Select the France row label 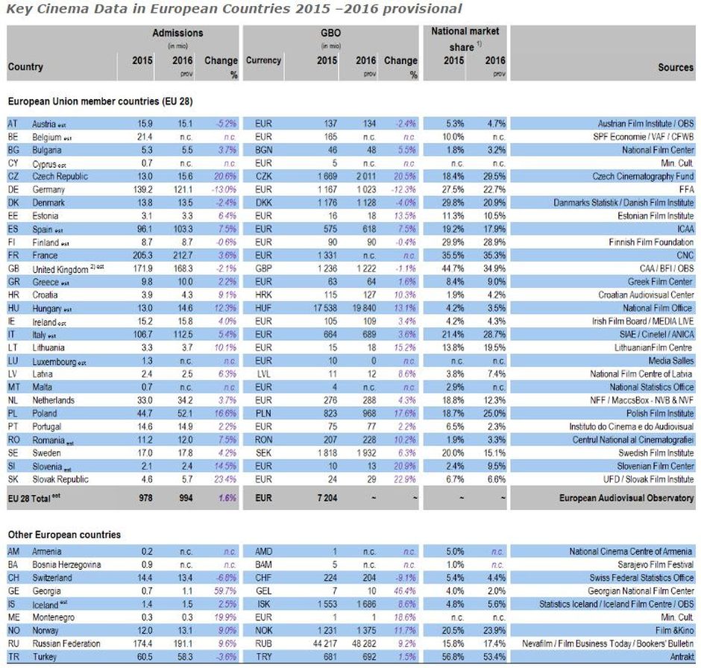tap(46, 255)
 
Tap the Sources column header tap(675, 67)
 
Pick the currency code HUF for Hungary tap(263, 308)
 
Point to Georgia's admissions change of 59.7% tap(224, 591)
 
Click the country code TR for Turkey tap(13, 657)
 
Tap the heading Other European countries tap(64, 535)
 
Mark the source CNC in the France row tap(684, 255)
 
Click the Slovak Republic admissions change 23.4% tap(224, 479)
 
